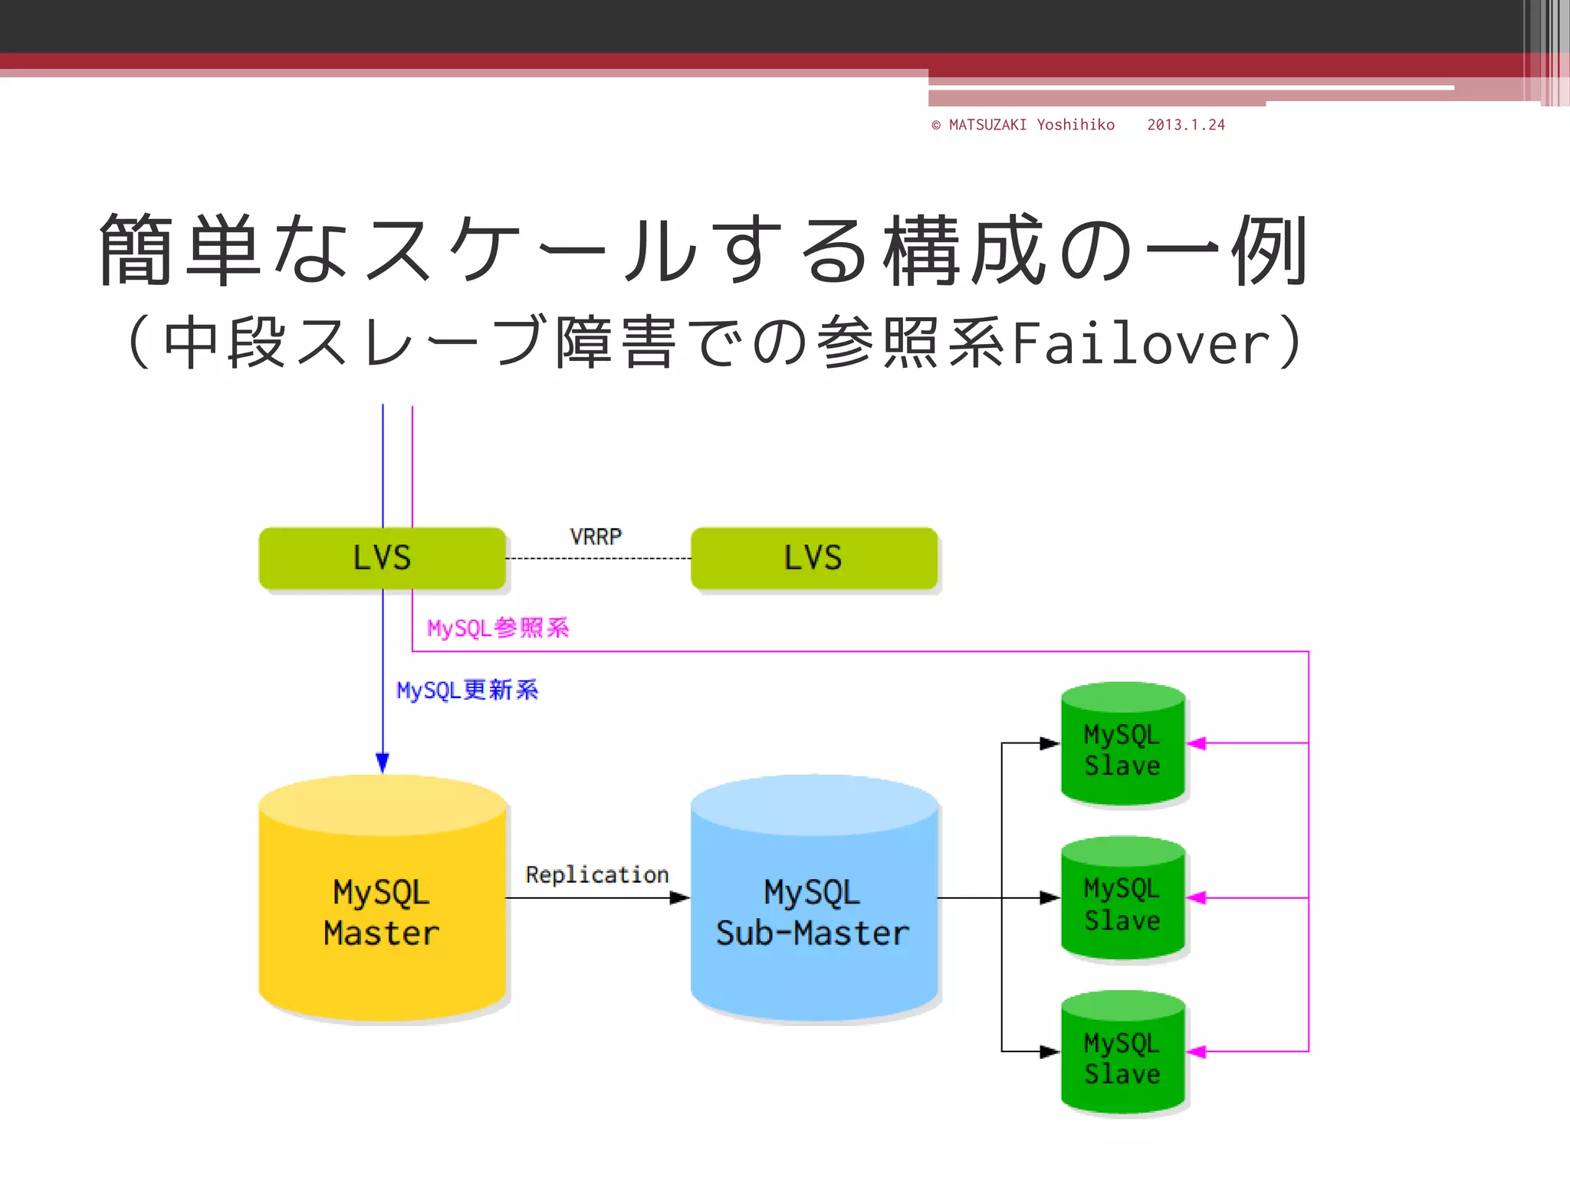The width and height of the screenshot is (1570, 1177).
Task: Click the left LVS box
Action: [x=382, y=558]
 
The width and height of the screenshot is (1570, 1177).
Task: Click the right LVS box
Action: [x=813, y=558]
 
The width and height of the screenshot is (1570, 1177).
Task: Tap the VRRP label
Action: [x=596, y=536]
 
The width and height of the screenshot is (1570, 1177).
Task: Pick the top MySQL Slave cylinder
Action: [x=1122, y=747]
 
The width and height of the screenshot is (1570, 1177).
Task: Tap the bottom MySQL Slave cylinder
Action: [x=1122, y=1056]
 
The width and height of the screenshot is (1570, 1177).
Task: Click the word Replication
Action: [x=596, y=874]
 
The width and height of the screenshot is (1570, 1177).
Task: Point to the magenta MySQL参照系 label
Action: [x=498, y=628]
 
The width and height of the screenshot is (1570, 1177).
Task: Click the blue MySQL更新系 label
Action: [x=467, y=690]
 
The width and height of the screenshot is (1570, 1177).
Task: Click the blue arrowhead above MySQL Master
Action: [x=383, y=762]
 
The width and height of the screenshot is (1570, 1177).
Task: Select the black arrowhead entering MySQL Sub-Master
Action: [x=679, y=897]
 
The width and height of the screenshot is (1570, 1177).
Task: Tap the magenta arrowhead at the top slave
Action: [x=1197, y=743]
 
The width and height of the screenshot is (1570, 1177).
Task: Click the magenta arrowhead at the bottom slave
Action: [x=1197, y=1051]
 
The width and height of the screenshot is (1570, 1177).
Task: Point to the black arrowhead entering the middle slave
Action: [x=1049, y=897]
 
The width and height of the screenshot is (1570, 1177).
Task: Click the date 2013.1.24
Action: [x=1186, y=125]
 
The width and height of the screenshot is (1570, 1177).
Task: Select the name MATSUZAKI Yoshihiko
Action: [x=1031, y=125]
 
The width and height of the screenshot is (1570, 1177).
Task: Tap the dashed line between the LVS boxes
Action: [x=598, y=559]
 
